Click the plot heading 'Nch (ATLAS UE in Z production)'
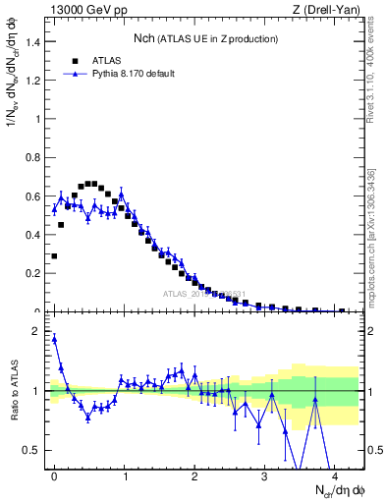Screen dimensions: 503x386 [x=205, y=38]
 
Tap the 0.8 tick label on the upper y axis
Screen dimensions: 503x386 [x=34, y=157]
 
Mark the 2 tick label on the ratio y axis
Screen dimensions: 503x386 [x=39, y=331]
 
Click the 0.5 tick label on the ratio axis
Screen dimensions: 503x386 [x=34, y=450]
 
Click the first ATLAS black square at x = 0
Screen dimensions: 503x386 [x=54, y=255]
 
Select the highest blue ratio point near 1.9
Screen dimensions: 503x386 [x=54, y=339]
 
